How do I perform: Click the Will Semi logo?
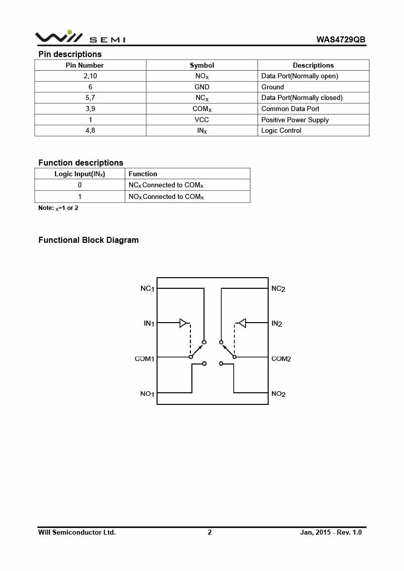point(80,37)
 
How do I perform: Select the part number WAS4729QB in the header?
point(341,39)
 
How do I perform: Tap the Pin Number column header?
point(85,65)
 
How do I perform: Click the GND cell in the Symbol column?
point(201,87)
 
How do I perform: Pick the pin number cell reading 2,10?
point(90,76)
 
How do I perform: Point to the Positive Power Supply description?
point(295,120)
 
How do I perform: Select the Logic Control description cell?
point(281,130)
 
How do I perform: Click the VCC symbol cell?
point(201,120)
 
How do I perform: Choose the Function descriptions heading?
point(81,163)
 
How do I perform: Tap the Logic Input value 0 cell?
point(80,185)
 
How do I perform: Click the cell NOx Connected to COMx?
point(166,196)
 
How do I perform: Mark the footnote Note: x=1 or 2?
point(59,208)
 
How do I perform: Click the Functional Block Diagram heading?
point(88,240)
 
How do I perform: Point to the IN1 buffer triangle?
point(183,323)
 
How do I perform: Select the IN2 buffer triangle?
point(242,323)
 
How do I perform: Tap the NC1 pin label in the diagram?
point(147,289)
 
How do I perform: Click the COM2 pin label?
point(281,359)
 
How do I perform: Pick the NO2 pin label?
point(278,394)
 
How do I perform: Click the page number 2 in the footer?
point(210,532)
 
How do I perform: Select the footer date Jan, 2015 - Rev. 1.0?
point(331,532)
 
